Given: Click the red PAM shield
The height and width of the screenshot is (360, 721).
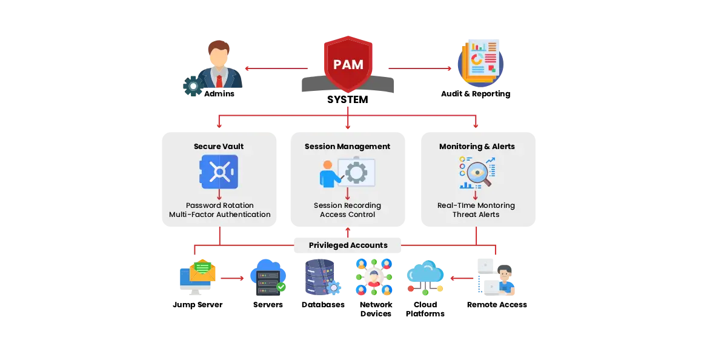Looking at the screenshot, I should click(348, 64).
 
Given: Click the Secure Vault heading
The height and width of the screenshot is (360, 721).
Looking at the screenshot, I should click(219, 147).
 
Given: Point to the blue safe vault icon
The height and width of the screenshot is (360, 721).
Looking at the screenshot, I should click(219, 172).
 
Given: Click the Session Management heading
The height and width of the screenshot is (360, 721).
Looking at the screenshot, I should click(347, 147).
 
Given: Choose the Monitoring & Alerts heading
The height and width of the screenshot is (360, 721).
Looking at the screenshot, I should click(477, 147).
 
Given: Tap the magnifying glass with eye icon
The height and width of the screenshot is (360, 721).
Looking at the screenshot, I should click(477, 173).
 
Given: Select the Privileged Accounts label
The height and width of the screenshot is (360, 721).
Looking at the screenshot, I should click(348, 245).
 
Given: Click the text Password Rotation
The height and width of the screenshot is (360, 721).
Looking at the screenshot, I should click(219, 205).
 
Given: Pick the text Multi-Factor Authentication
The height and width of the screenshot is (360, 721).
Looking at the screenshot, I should click(219, 215).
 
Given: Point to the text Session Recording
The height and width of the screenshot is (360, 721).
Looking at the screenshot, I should click(347, 205).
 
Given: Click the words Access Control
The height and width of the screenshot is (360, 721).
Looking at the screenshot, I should click(347, 215).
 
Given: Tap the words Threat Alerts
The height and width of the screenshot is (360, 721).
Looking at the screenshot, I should click(476, 215).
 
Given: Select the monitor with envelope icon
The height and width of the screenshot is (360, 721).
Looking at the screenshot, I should click(198, 276).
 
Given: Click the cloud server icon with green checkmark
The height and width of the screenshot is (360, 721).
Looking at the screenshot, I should click(267, 276).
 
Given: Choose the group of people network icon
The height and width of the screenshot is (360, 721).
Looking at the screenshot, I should click(373, 276).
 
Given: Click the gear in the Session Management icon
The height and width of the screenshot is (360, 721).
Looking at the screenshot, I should click(356, 172).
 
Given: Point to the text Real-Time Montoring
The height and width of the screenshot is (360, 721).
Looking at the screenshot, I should click(476, 205).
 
